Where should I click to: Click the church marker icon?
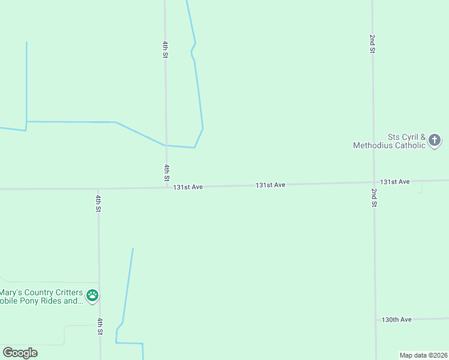pos(435,141)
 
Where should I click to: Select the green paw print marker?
pos(92,295)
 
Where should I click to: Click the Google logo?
pos(20,353)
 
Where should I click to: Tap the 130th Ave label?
pos(396,320)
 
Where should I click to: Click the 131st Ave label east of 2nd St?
pos(394,181)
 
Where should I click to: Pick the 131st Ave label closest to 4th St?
pos(188,187)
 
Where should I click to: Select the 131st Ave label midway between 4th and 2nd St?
pos(270,185)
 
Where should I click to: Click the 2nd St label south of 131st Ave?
pos(374,197)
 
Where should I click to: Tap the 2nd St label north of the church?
pos(372,44)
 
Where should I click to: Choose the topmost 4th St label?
pos(164,49)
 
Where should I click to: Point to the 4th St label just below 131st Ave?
pos(98,203)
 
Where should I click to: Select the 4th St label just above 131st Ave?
pos(166,172)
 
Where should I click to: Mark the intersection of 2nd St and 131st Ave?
pos(374,182)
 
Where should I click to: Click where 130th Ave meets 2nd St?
pos(376,320)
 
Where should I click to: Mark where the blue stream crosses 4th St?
pos(166,145)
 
